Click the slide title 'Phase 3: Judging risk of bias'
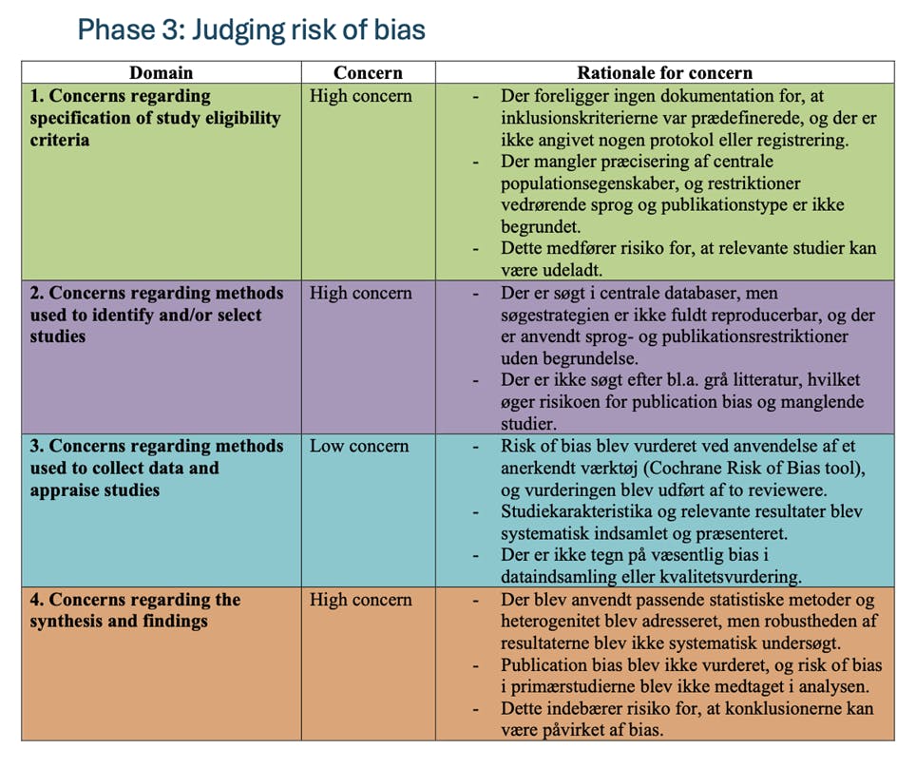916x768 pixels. coord(251,29)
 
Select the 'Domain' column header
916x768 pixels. coord(161,73)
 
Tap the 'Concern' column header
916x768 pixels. coord(368,73)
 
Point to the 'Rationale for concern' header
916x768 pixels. coord(664,73)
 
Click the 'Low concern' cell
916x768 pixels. coord(359,447)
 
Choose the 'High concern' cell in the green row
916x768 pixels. coord(361,96)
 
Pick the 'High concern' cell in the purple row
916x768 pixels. coord(361,294)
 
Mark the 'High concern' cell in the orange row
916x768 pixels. coord(361,601)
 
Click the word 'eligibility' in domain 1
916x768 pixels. coord(241,118)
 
